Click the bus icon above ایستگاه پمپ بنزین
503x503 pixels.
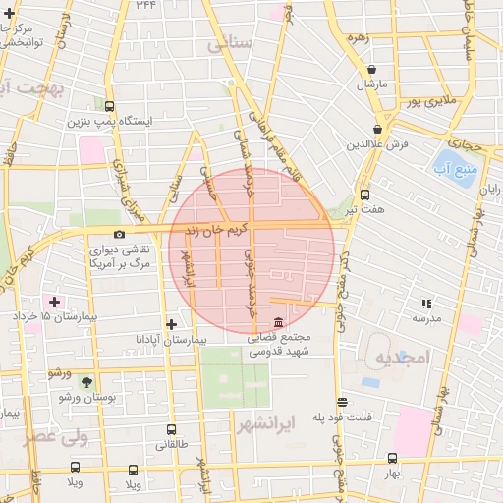pyautogui.click(x=108, y=106)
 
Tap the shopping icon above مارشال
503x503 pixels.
pyautogui.click(x=372, y=70)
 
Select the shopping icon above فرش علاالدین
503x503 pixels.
pyautogui.click(x=377, y=128)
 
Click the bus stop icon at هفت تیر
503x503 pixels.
pyautogui.click(x=364, y=195)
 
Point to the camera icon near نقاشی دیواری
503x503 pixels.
pyautogui.click(x=119, y=234)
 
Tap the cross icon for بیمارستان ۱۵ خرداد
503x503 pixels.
pyautogui.click(x=54, y=302)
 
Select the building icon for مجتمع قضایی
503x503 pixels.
pyautogui.click(x=279, y=322)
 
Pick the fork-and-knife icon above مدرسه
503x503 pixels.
pyautogui.click(x=426, y=304)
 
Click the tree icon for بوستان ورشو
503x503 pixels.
pyautogui.click(x=87, y=382)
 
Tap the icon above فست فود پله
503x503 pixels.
pyautogui.click(x=342, y=402)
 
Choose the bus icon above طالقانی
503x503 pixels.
pyautogui.click(x=171, y=429)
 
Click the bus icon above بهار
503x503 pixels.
pyautogui.click(x=392, y=458)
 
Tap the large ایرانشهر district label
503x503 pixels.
pyautogui.click(x=266, y=424)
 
